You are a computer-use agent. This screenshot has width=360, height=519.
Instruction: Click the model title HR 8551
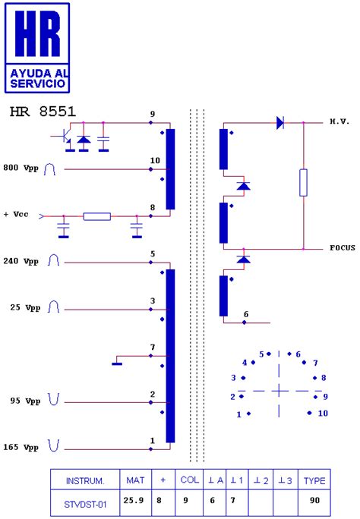pyautogui.click(x=43, y=112)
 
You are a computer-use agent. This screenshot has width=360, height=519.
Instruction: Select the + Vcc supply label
pyautogui.click(x=16, y=215)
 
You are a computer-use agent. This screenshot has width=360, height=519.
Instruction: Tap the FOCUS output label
pyautogui.click(x=342, y=248)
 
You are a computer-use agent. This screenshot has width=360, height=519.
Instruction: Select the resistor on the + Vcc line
pyautogui.click(x=96, y=216)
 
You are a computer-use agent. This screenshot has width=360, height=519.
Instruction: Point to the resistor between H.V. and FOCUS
pyautogui.click(x=303, y=183)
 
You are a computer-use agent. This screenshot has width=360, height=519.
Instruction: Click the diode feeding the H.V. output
pyautogui.click(x=279, y=121)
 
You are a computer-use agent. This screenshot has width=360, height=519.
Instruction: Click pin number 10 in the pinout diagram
pyautogui.click(x=322, y=414)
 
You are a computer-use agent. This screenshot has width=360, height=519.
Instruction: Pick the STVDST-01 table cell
pyautogui.click(x=84, y=500)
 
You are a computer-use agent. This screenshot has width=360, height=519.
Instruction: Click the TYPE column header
pyautogui.click(x=314, y=480)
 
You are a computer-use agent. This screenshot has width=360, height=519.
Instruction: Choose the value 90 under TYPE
pyautogui.click(x=314, y=500)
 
